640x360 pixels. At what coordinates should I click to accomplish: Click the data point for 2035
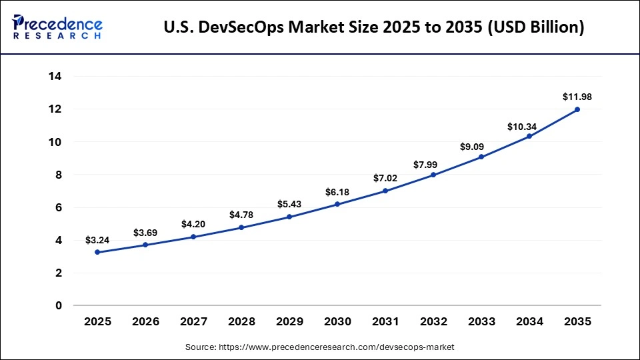click(577, 109)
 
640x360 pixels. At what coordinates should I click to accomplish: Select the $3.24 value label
click(97, 239)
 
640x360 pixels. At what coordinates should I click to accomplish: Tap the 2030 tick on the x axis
click(337, 322)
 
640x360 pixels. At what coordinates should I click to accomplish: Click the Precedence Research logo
click(57, 27)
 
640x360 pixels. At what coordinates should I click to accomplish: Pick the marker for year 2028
click(241, 227)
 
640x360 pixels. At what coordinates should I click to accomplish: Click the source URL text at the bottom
click(320, 347)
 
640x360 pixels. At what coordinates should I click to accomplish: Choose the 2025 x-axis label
click(97, 322)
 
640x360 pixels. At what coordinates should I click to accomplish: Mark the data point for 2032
click(433, 175)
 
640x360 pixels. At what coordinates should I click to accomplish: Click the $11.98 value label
click(577, 97)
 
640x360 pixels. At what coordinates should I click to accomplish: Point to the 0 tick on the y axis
click(58, 306)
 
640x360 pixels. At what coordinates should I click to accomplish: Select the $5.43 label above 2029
click(289, 204)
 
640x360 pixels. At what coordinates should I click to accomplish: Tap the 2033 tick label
click(481, 322)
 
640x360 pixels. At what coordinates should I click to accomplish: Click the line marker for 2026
click(145, 245)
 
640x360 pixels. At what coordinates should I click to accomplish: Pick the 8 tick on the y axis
click(58, 175)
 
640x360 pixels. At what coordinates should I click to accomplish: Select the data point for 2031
click(385, 191)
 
